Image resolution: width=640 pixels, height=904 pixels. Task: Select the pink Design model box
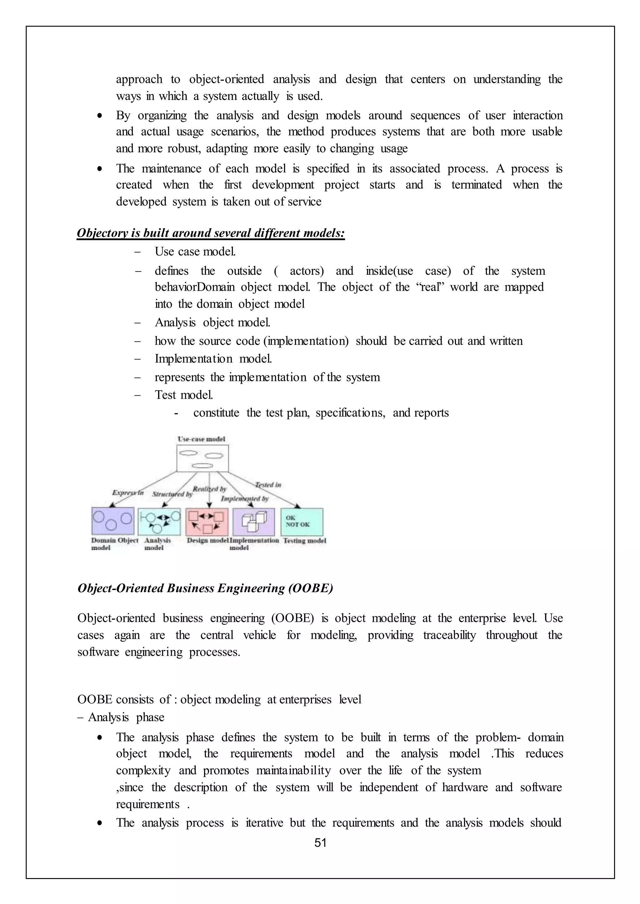[x=207, y=521]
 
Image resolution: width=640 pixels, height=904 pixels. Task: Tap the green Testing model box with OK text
[x=302, y=521]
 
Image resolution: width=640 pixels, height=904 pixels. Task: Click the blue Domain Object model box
[x=113, y=521]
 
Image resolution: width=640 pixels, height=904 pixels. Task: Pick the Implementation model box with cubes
[x=254, y=521]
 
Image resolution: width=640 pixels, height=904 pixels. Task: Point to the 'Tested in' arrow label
[x=268, y=485]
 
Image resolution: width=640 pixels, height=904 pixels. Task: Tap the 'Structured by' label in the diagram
[x=172, y=494]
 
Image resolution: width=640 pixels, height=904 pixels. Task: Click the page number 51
[x=320, y=842]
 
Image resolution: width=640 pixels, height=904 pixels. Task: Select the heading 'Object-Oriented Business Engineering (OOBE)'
[x=205, y=588]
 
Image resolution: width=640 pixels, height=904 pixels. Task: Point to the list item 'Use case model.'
[x=195, y=252]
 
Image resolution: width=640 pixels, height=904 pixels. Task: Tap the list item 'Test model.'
[x=184, y=394]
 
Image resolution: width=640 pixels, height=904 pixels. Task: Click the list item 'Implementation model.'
[x=213, y=359]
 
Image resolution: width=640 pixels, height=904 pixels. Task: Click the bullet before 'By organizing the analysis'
[x=100, y=116]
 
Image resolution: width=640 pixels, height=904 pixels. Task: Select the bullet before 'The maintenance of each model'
[x=100, y=169]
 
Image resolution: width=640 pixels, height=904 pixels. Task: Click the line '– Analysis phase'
[x=121, y=717]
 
